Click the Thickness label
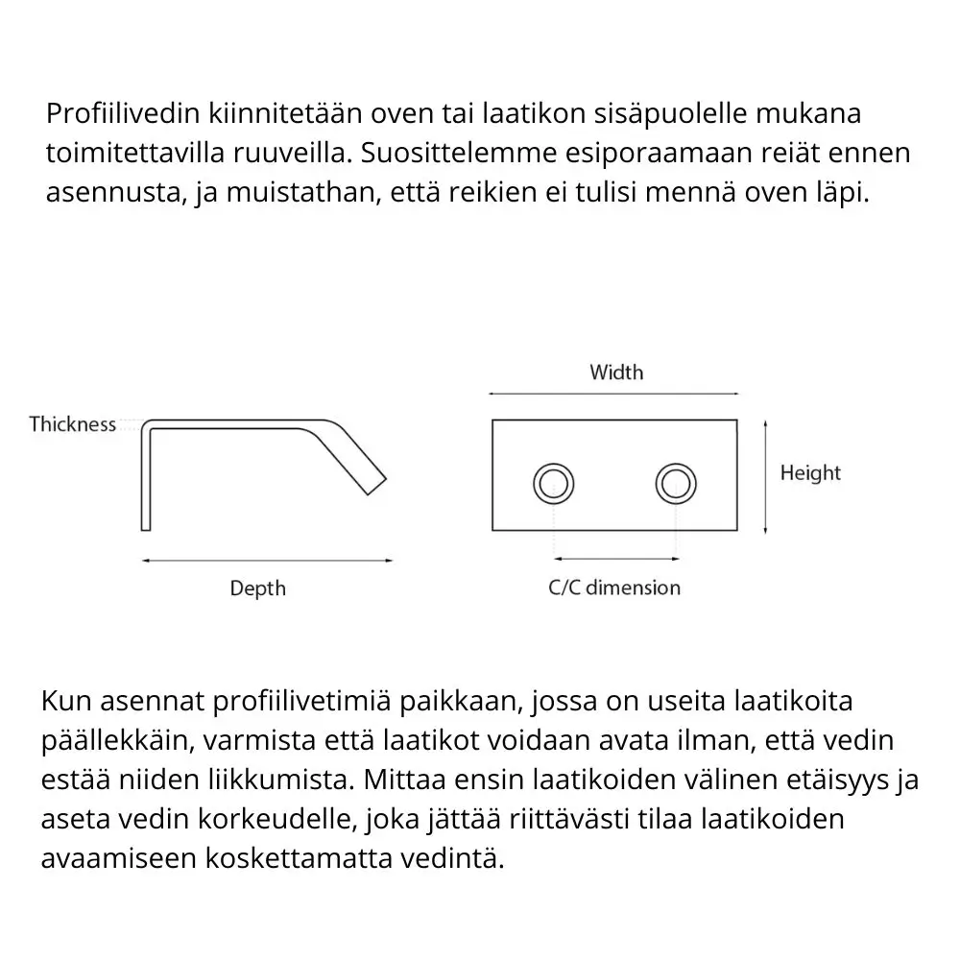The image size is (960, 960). pos(72,424)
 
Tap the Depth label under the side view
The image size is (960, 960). pos(257,588)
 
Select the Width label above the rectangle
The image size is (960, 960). pos(616,372)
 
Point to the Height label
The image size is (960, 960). pos(809,473)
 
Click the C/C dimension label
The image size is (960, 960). pos(614,588)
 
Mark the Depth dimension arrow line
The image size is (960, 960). pos(267,560)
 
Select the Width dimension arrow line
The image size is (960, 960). pos(614,394)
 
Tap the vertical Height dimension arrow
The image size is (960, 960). pos(765,476)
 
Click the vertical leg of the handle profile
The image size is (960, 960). pos(146,480)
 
